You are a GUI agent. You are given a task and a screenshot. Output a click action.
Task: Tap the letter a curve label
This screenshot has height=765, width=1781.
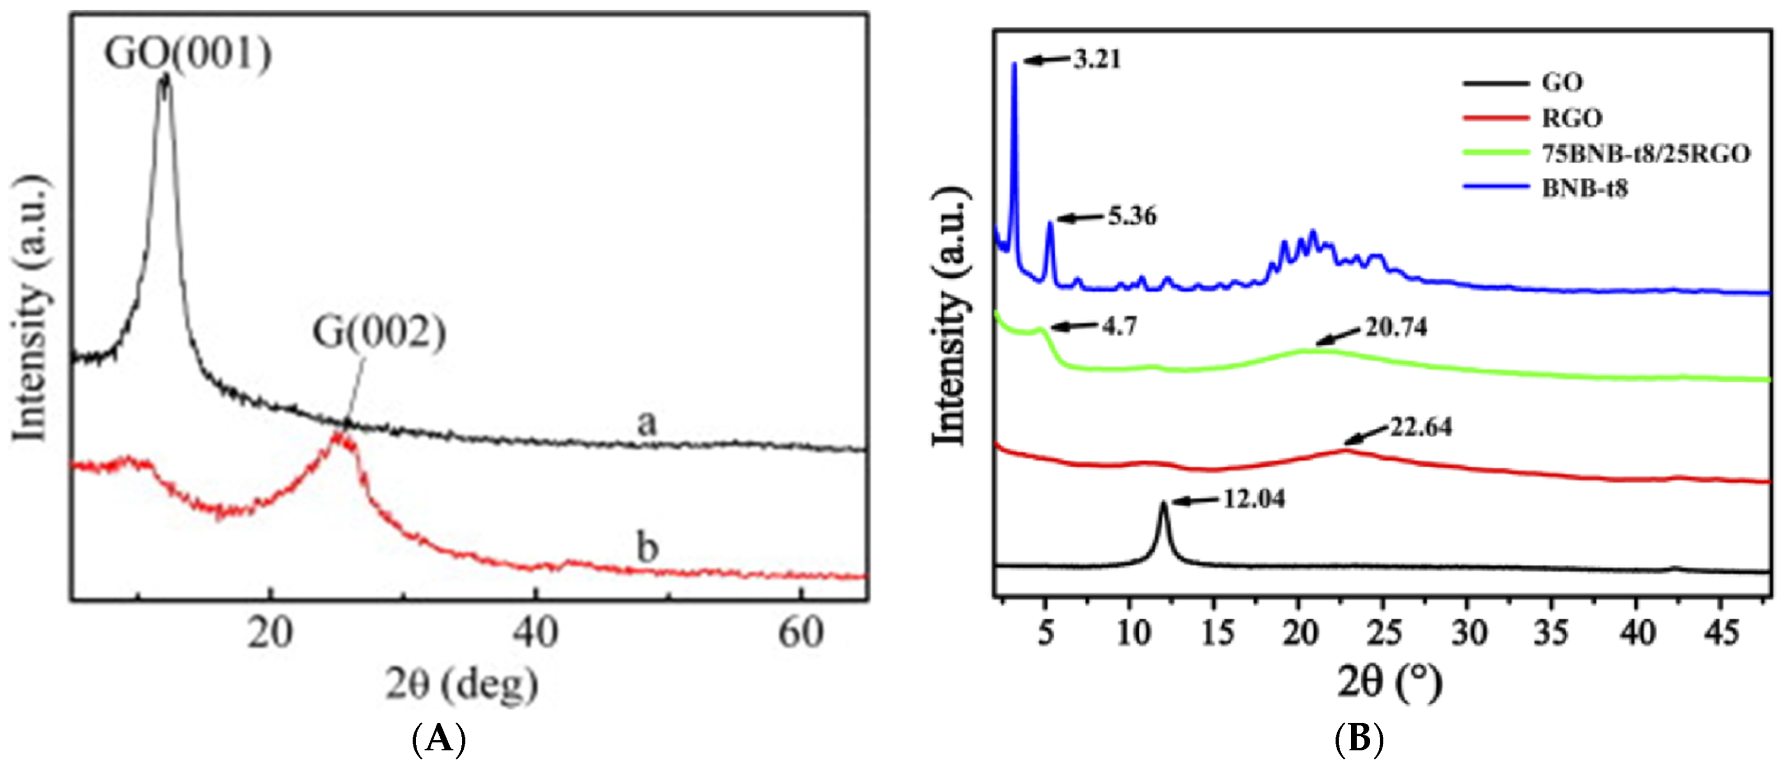pyautogui.click(x=646, y=422)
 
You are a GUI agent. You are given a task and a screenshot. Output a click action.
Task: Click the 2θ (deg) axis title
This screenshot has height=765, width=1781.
pyautogui.click(x=462, y=685)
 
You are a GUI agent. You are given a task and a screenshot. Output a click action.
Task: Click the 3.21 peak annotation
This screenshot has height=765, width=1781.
pyautogui.click(x=1097, y=59)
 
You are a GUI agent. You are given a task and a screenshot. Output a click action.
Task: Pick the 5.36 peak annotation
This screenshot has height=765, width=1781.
pyautogui.click(x=1132, y=217)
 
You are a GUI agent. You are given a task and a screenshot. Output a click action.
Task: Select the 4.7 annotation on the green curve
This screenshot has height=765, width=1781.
pyautogui.click(x=1119, y=326)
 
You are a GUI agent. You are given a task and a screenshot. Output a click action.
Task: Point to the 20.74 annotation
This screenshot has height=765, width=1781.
pyautogui.click(x=1396, y=327)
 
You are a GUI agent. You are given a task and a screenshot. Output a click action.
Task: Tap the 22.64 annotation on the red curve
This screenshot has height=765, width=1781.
pyautogui.click(x=1421, y=428)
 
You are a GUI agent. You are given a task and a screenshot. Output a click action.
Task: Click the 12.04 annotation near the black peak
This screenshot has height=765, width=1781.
pyautogui.click(x=1254, y=499)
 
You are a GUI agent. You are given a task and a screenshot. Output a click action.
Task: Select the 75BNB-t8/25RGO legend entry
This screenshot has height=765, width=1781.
pyautogui.click(x=1646, y=154)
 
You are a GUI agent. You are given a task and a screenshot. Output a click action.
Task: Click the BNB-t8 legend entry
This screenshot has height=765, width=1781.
pyautogui.click(x=1585, y=188)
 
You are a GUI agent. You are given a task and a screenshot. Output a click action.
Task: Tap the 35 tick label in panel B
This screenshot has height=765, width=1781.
pyautogui.click(x=1551, y=632)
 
